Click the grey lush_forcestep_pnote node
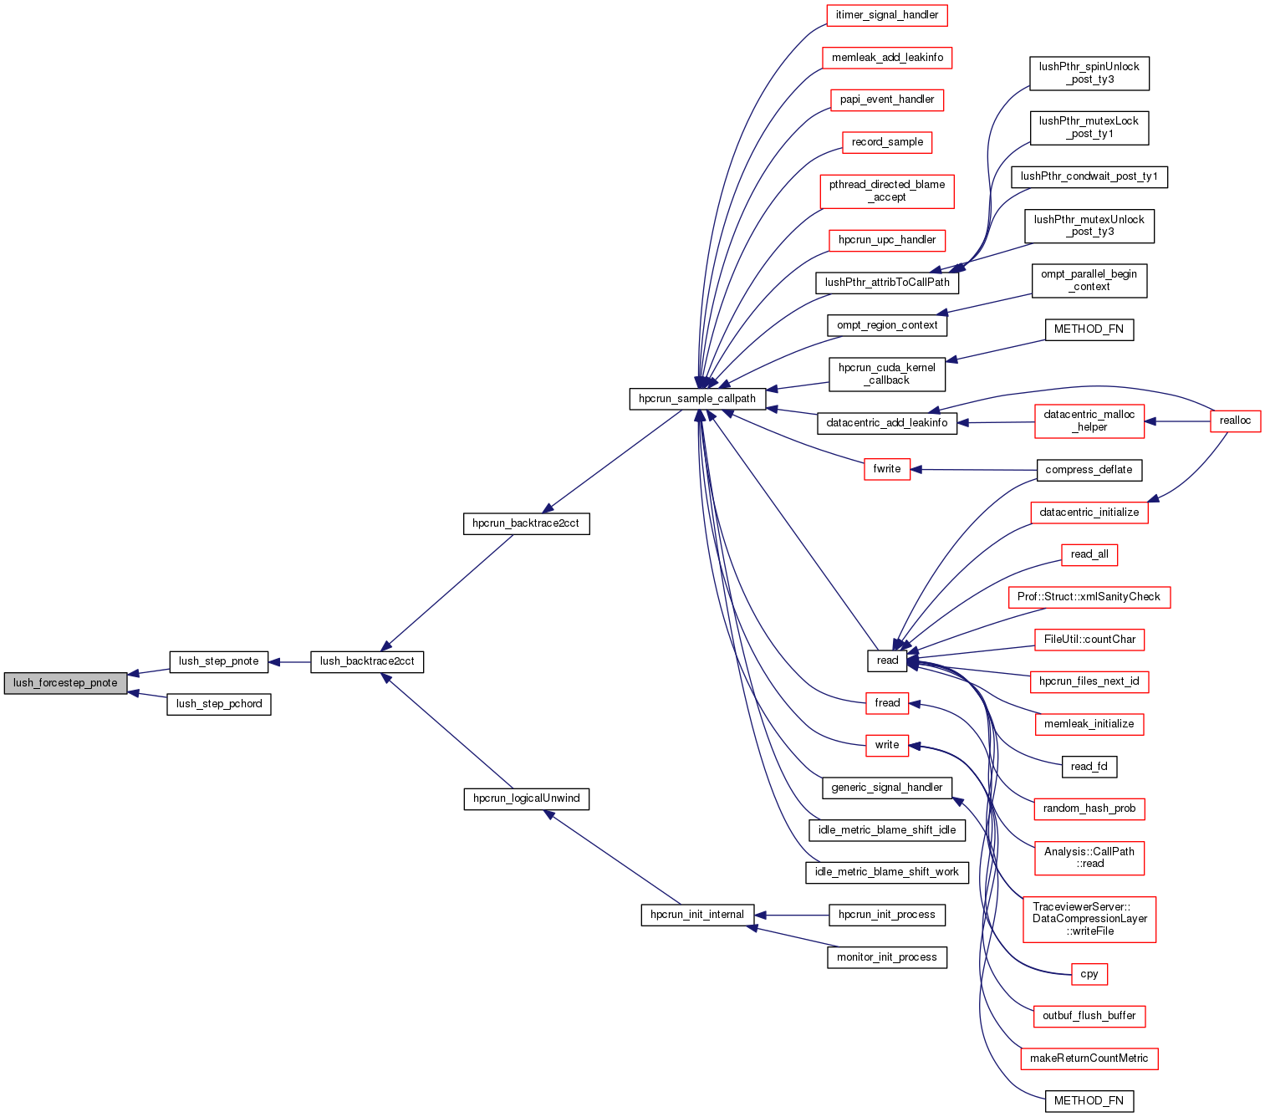coord(65,683)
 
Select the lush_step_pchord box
coord(219,704)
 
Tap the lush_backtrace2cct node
coord(367,661)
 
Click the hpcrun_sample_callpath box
coord(697,399)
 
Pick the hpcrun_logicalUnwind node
coord(527,798)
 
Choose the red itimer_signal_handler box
coord(886,15)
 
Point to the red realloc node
coord(1235,421)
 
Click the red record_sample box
coord(887,142)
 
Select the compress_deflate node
coord(1089,470)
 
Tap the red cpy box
coord(1089,974)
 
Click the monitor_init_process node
coord(886,957)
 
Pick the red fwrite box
coord(886,469)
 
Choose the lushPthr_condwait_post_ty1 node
coord(1089,176)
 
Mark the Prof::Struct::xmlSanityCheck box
coord(1089,597)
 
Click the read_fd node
coord(1089,767)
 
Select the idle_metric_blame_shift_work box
coord(886,872)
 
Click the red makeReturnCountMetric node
coord(1089,1058)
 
